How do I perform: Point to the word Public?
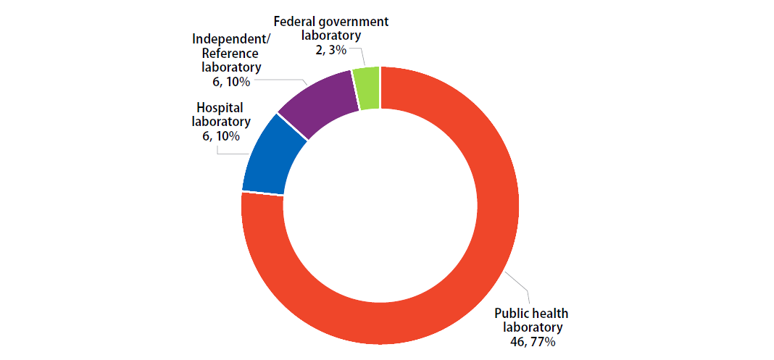(511, 313)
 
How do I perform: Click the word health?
(549, 313)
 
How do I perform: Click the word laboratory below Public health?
(531, 327)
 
